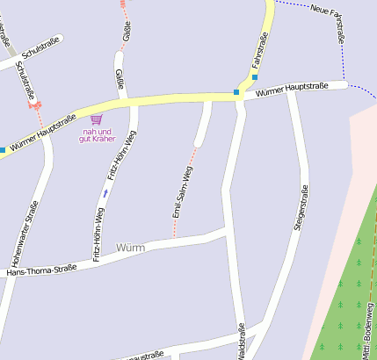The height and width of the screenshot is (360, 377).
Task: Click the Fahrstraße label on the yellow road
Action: coord(259,50)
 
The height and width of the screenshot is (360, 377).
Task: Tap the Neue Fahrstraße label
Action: coord(329,22)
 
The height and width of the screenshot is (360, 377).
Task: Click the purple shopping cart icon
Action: coord(96,119)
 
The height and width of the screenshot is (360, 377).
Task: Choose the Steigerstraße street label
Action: coord(301,209)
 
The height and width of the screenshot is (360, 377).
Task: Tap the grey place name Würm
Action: coord(130,248)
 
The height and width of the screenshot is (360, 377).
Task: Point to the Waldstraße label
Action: coord(241,342)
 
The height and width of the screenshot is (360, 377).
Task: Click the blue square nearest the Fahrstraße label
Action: coord(255,76)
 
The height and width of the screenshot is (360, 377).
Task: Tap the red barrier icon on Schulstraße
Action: coord(35,104)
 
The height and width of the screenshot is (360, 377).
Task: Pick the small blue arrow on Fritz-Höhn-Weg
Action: coord(105,192)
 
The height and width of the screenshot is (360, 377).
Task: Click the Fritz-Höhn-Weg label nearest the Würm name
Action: coord(98,234)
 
